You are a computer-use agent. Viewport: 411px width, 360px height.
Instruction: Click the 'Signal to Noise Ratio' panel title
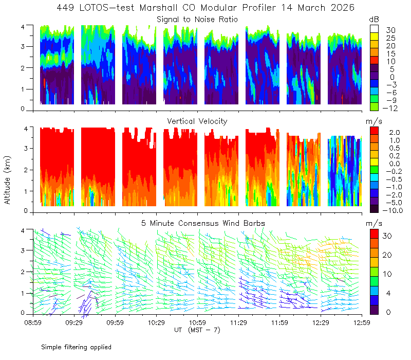coord(197,20)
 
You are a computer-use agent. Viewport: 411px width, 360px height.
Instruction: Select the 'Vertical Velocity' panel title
coord(197,121)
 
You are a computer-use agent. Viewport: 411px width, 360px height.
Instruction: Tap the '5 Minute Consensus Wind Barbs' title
coord(203,223)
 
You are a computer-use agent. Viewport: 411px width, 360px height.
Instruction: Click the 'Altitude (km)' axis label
coord(7,181)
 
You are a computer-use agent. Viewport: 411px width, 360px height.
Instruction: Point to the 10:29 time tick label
coord(156,322)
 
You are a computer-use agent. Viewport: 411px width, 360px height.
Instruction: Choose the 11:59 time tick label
coord(279,322)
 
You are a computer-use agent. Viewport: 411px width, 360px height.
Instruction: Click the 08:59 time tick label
coord(33,322)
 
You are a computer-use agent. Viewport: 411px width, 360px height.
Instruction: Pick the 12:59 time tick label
coord(362,322)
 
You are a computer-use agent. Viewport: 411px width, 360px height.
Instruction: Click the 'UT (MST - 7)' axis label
coord(197,330)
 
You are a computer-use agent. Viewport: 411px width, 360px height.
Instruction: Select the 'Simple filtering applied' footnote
coord(76,347)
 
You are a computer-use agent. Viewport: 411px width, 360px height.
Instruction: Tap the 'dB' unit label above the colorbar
coord(374,20)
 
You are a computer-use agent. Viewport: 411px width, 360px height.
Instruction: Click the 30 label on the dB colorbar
coord(390,30)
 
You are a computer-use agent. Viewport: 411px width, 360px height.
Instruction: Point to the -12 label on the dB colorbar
coord(390,108)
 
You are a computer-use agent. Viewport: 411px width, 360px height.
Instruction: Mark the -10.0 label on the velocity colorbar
coord(393,210)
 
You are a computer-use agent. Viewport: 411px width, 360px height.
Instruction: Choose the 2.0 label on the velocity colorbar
coord(395,132)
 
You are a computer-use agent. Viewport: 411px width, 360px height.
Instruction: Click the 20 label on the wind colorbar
coord(387,255)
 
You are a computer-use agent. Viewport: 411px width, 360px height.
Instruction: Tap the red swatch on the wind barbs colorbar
coord(374,233)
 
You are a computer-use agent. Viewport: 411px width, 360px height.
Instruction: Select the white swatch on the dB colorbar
coord(374,29)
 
